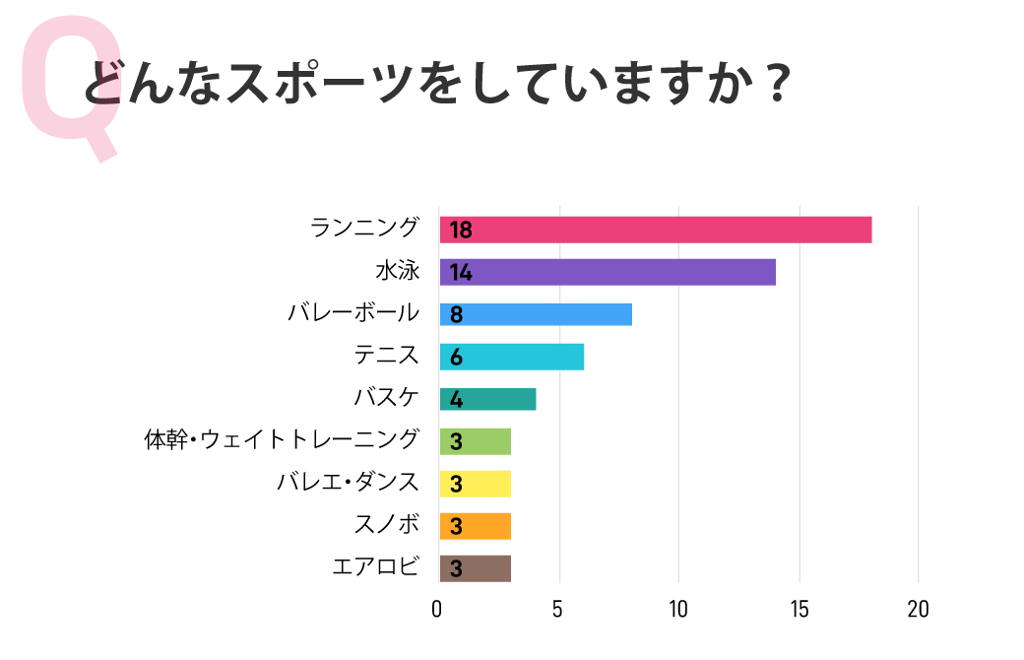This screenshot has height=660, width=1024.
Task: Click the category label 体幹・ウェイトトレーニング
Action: [x=282, y=440]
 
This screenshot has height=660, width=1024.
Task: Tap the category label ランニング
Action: [x=364, y=229]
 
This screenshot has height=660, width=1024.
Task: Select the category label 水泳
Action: [x=397, y=271]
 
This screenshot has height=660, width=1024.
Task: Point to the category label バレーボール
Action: [x=353, y=313]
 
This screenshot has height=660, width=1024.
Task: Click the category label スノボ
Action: [x=386, y=525]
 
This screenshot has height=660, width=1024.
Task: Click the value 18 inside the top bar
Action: [x=461, y=231]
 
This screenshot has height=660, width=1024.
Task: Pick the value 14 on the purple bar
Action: [x=461, y=273]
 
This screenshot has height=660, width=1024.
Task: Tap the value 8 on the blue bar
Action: [x=456, y=315]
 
